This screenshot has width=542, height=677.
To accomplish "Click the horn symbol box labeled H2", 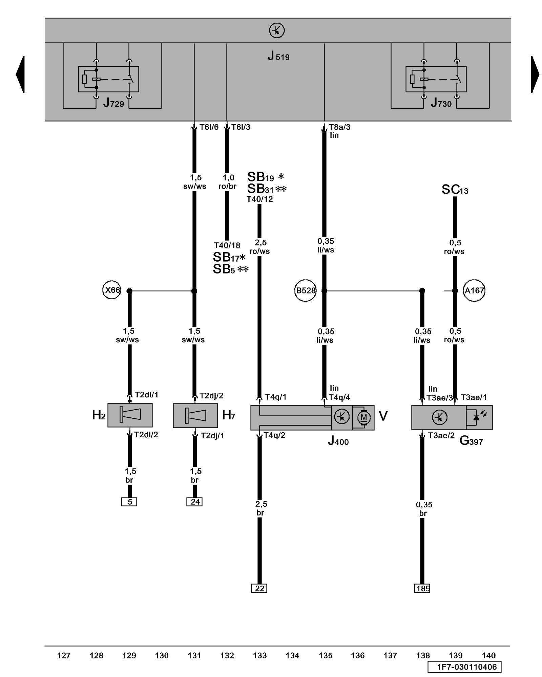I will click(130, 415).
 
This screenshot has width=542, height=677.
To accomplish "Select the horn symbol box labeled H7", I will click(195, 415).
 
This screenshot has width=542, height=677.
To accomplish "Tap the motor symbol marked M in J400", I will click(363, 417).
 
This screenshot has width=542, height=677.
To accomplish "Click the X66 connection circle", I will click(112, 290).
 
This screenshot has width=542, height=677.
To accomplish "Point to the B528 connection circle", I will click(305, 290).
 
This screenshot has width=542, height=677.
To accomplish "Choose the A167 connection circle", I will click(474, 290).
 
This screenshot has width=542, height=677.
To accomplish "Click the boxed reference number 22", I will click(259, 588).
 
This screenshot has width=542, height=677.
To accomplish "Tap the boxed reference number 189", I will click(422, 588).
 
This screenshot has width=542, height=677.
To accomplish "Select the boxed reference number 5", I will click(129, 502).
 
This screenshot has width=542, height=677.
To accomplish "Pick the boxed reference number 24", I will click(194, 502).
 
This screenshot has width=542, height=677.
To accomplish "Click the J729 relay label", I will click(114, 103).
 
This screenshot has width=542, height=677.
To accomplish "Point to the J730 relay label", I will click(441, 103).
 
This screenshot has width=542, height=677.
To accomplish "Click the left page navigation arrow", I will click(20, 74).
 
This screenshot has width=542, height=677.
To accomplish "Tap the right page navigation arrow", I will click(535, 74).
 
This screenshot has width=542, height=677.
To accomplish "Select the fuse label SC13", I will click(455, 190).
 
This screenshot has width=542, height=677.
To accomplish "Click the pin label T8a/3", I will click(339, 127).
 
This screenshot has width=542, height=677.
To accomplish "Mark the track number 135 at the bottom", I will click(325, 656).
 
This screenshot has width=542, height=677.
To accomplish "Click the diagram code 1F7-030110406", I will click(464, 667).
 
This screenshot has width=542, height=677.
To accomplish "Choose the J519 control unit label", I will click(278, 56).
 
